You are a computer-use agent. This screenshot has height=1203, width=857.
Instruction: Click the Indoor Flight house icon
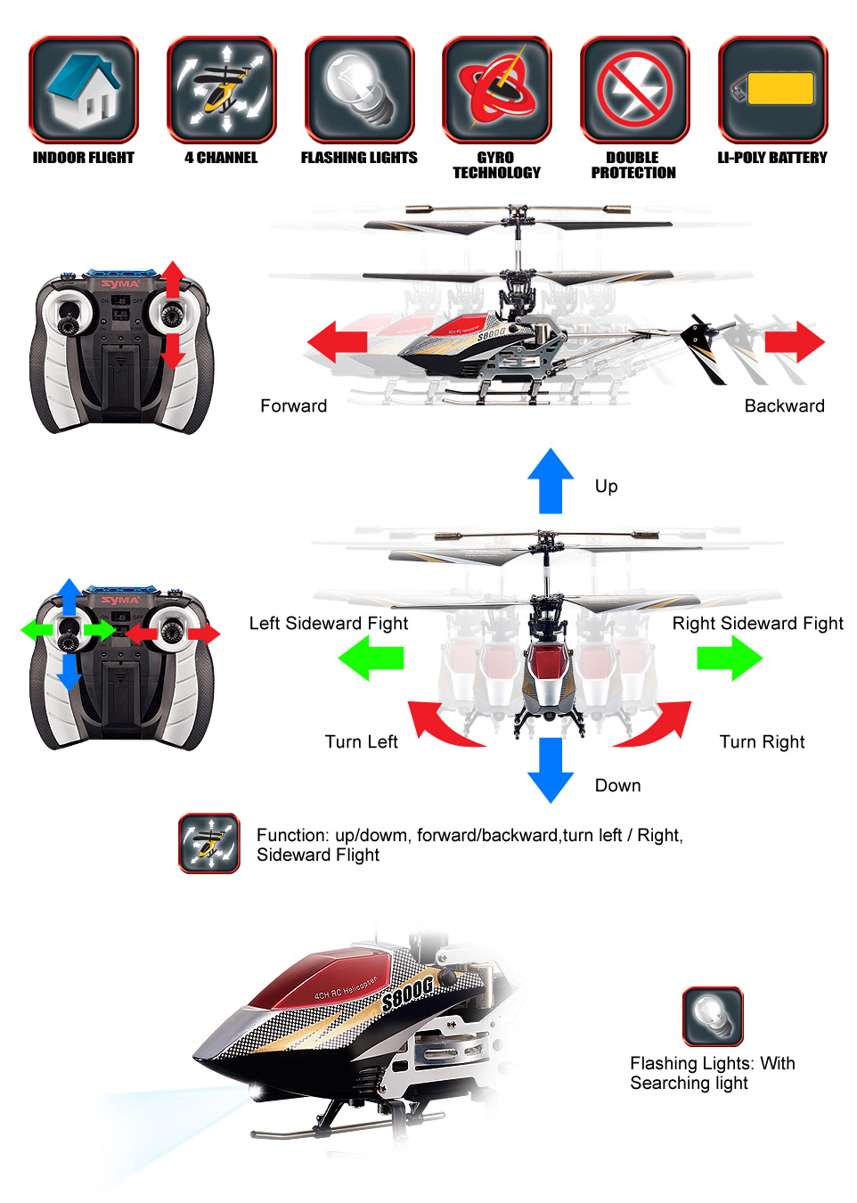83,90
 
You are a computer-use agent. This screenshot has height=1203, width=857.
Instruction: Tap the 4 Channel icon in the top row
221,90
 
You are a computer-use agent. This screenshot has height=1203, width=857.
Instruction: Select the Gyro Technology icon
497,90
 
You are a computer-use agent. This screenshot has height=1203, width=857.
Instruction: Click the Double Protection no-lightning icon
634,90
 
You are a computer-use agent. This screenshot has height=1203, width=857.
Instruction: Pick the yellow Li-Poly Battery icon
772,90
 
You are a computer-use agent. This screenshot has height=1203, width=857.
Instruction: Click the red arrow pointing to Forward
338,341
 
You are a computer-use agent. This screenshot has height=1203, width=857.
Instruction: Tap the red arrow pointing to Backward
795,341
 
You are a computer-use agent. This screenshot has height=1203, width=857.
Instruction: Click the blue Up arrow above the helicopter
551,480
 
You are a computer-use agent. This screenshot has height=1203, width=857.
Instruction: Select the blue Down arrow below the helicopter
551,770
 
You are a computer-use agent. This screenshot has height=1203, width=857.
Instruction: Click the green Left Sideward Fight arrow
371,658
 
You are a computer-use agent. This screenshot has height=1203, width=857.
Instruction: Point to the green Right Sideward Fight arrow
730,658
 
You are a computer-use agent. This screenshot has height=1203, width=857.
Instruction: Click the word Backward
785,405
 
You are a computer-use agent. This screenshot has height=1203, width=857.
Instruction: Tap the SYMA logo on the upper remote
121,283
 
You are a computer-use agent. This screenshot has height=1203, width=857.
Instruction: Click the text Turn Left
362,741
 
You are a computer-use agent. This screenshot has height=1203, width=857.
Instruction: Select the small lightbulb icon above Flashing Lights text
713,1016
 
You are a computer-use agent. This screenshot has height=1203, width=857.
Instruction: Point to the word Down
618,785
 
